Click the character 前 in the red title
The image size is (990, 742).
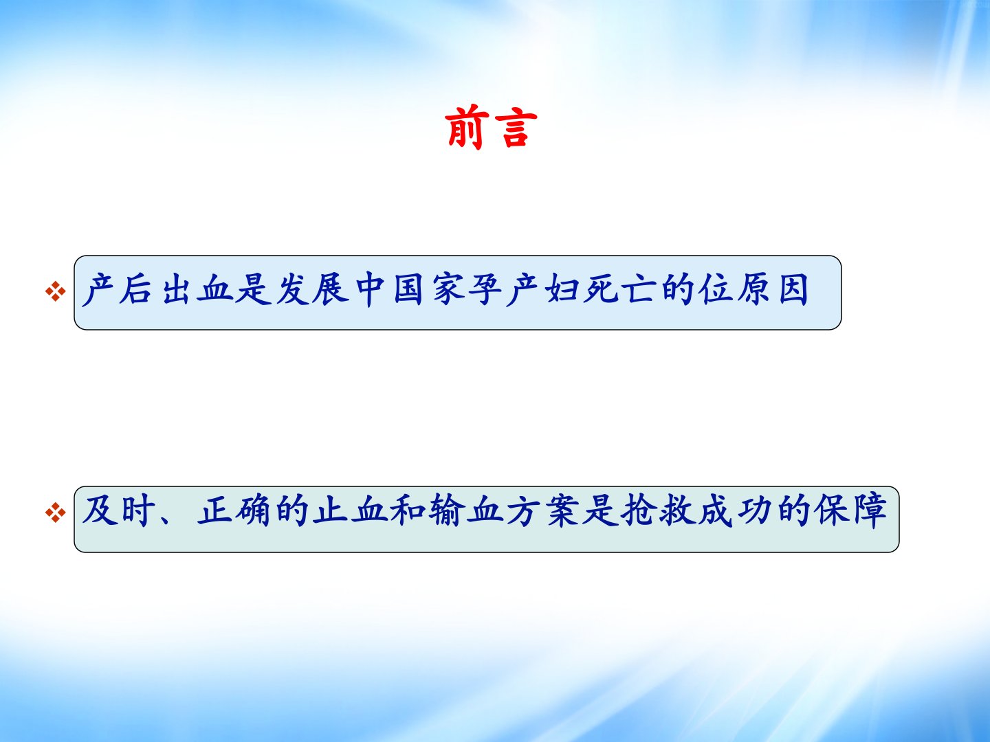tap(467, 126)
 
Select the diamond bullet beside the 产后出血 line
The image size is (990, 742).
tap(56, 291)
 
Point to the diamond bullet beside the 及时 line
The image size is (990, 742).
tap(56, 513)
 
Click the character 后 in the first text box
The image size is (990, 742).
tap(135, 289)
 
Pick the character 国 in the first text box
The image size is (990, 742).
tap(408, 289)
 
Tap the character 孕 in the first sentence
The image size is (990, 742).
tap(485, 289)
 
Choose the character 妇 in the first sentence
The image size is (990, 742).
tap(562, 289)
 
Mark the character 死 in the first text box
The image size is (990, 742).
tap(600, 289)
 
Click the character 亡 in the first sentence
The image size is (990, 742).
tap(639, 289)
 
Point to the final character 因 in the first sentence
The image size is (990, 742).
tap(793, 289)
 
